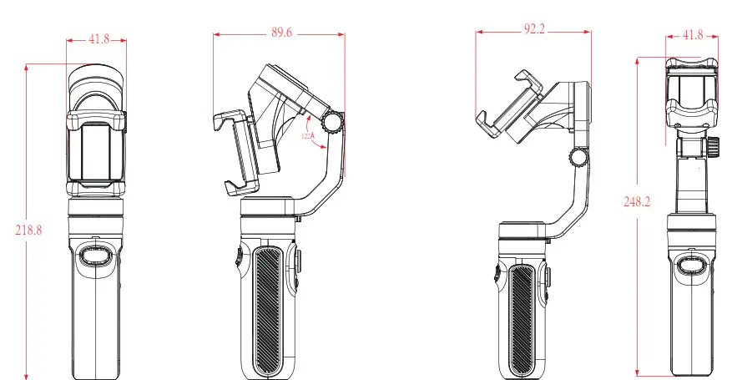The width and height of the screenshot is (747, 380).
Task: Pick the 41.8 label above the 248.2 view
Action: (692, 35)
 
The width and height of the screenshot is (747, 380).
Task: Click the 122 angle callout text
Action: (307, 134)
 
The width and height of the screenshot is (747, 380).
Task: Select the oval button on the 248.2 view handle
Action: (690, 266)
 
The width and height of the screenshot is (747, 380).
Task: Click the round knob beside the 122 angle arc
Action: (334, 123)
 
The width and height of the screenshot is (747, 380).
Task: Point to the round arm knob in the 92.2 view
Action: (577, 156)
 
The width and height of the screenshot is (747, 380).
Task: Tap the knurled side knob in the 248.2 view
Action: (716, 148)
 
